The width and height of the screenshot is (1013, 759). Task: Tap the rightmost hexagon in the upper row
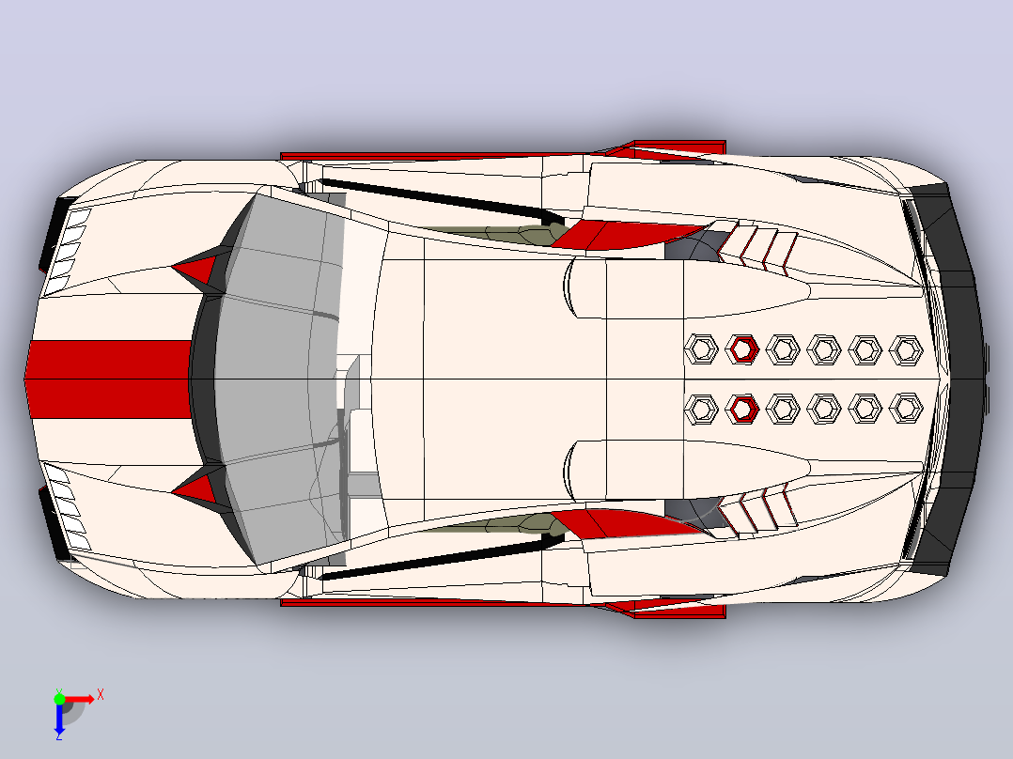(906, 350)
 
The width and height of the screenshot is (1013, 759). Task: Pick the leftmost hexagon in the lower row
(701, 409)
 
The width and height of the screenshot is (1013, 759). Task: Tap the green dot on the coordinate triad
(59, 699)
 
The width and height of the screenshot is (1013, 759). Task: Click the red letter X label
(101, 695)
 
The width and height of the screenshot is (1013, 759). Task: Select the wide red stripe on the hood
(109, 379)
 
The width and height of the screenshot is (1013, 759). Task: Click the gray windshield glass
(278, 379)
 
